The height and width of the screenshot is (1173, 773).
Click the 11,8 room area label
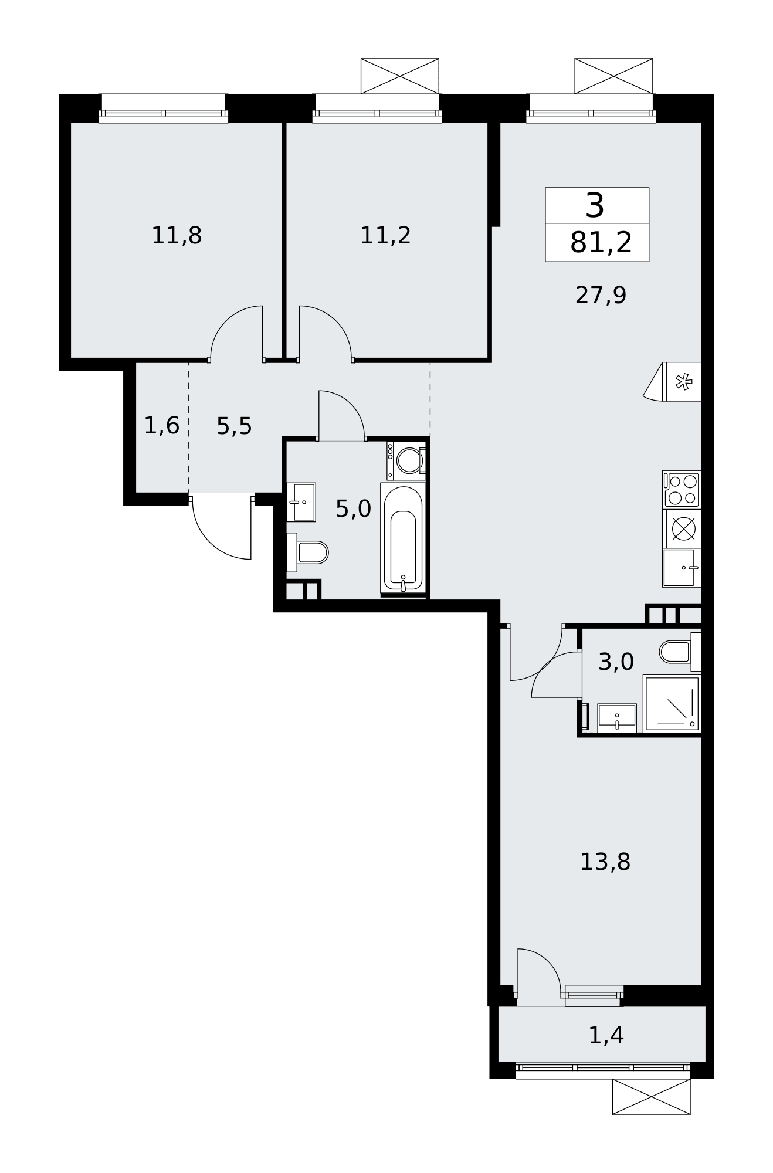point(177,236)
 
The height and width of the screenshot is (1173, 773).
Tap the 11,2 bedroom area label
point(385,236)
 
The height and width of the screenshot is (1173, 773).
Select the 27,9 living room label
point(601,295)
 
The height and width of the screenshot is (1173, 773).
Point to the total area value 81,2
point(601,242)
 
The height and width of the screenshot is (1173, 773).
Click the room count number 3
point(595,206)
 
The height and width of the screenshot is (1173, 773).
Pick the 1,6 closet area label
point(161,425)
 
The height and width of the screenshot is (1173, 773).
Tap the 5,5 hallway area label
point(234,426)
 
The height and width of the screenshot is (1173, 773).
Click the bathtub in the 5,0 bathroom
point(402,538)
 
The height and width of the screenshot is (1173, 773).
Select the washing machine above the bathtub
point(406,460)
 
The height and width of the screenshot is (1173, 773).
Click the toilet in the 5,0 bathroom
point(307,552)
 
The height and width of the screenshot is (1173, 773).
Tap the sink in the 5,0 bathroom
point(301,502)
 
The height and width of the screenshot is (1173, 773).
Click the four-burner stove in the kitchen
point(682,489)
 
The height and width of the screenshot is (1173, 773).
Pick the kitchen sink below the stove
point(682,567)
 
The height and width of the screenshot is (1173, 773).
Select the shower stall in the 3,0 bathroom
point(672,703)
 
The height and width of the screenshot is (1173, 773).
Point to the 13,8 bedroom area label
point(605,862)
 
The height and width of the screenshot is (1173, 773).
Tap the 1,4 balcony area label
point(606,1035)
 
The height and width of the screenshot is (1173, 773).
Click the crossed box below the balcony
point(651,1097)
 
